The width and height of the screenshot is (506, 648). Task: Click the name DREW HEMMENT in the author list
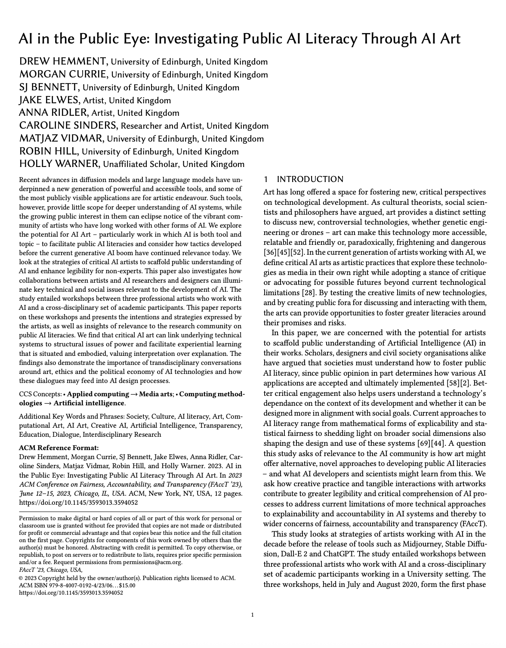[63, 62]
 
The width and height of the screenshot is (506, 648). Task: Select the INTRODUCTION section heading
[310, 179]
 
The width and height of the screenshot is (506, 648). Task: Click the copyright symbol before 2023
[22, 578]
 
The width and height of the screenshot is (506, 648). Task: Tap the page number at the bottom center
[253, 615]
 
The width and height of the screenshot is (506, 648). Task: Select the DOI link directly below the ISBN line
[71, 592]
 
